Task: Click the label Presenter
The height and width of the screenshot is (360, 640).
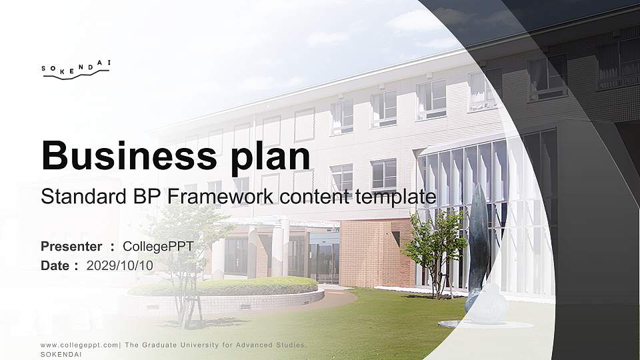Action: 71,247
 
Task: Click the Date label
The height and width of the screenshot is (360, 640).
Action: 55,265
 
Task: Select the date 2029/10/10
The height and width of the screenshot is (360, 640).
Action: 120,265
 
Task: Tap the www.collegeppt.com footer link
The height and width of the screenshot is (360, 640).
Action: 79,345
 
